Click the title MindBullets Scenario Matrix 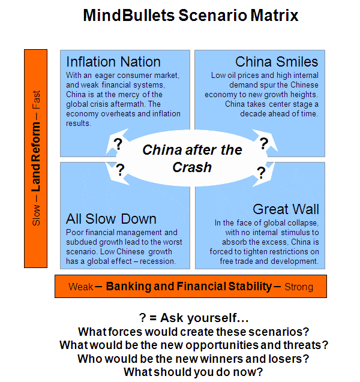click(x=191, y=16)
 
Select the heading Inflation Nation click(x=113, y=62)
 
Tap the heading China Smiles click(x=277, y=62)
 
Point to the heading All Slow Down click(x=111, y=219)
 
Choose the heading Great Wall click(x=286, y=209)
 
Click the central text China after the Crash click(x=192, y=158)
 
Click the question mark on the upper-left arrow click(x=118, y=144)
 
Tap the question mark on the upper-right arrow click(x=264, y=143)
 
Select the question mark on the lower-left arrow click(x=120, y=170)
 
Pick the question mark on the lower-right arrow click(x=261, y=173)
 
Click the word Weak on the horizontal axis click(x=80, y=287)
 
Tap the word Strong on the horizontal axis click(x=299, y=287)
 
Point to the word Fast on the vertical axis click(x=36, y=100)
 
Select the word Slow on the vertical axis click(x=36, y=215)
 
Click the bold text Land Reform click(x=36, y=157)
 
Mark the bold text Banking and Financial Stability click(x=189, y=286)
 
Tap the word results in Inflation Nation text click(x=79, y=124)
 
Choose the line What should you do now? click(x=193, y=372)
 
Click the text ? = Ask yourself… click(x=194, y=318)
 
